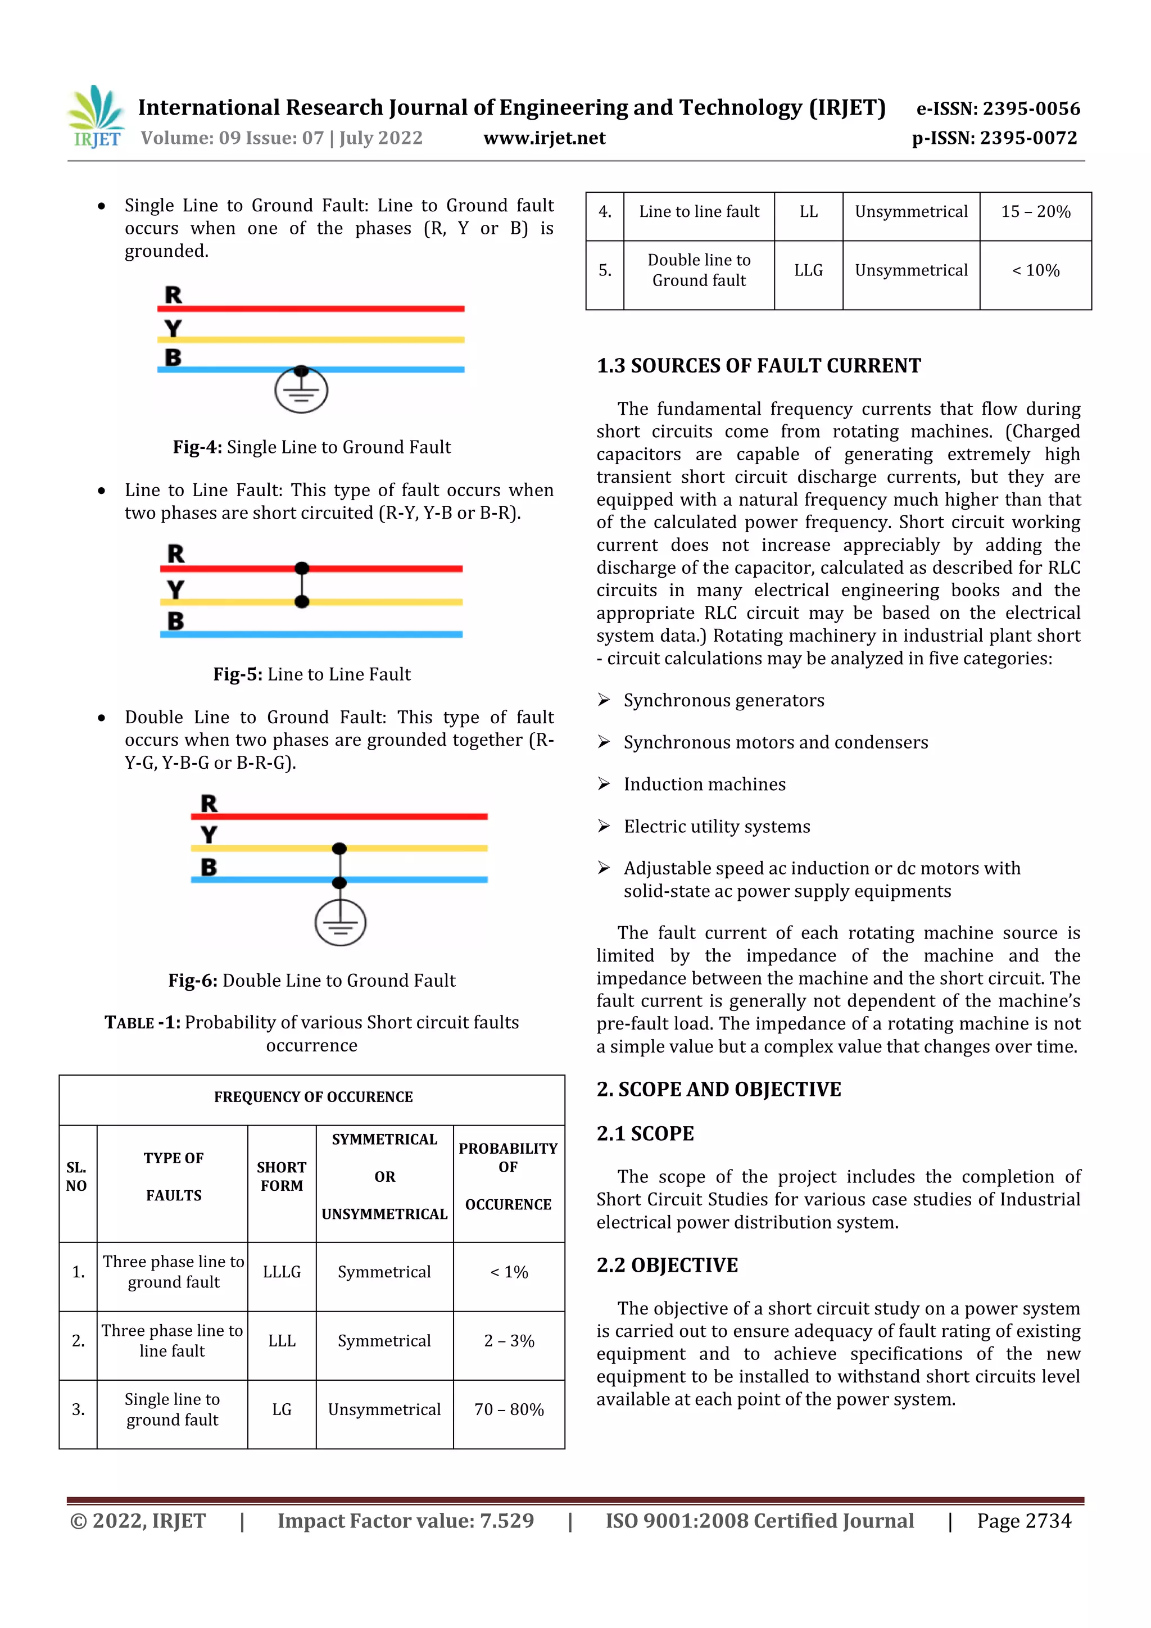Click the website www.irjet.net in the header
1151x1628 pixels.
pos(544,138)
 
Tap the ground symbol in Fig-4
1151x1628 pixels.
pos(301,391)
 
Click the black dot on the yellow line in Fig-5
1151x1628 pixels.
pos(302,602)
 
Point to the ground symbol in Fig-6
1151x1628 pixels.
pos(341,923)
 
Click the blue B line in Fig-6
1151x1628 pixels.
pos(425,880)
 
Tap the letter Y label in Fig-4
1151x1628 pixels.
pos(173,328)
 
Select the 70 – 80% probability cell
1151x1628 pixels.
pos(509,1409)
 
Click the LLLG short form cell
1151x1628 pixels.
pos(282,1272)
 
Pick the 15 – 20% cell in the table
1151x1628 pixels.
pos(1035,211)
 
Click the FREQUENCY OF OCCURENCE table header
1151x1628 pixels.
pos(312,1097)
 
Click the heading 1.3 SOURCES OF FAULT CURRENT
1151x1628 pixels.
pos(758,366)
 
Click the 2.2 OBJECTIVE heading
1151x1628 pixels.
pos(667,1265)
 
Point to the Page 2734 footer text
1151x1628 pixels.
pos(1023,1521)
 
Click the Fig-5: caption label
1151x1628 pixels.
pos(238,674)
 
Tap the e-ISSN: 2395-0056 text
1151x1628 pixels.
pos(998,108)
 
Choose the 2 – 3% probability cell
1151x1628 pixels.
pos(509,1341)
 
